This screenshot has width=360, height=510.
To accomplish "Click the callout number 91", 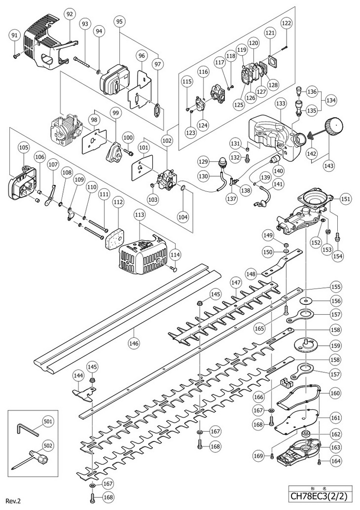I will (14, 36).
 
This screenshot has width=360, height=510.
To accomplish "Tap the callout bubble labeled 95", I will (119, 21).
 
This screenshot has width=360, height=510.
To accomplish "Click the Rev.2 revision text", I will (13, 501).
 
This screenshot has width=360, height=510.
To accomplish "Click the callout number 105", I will (24, 146).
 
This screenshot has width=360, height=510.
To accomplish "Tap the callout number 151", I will (345, 199).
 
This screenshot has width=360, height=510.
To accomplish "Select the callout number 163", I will (335, 447).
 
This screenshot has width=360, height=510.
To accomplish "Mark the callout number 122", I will (287, 23).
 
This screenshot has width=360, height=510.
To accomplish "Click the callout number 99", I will (116, 113).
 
